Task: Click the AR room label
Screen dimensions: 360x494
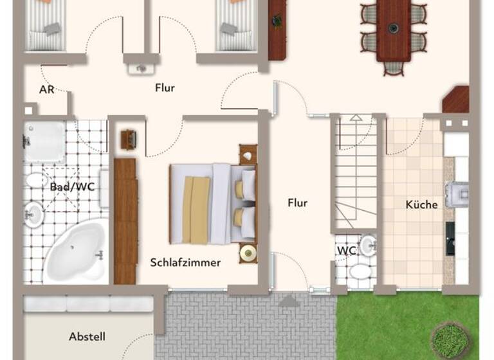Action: click(46, 89)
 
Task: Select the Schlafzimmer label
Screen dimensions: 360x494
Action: click(185, 262)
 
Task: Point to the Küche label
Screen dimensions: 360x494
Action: click(421, 204)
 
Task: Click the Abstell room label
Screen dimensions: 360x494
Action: click(87, 336)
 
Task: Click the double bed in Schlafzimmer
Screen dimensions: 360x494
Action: click(209, 203)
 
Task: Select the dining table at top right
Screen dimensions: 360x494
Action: click(393, 29)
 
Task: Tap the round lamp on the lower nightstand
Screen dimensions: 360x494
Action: click(248, 253)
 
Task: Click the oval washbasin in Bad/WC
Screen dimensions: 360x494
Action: click(34, 213)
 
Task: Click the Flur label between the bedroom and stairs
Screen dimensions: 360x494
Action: click(297, 203)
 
